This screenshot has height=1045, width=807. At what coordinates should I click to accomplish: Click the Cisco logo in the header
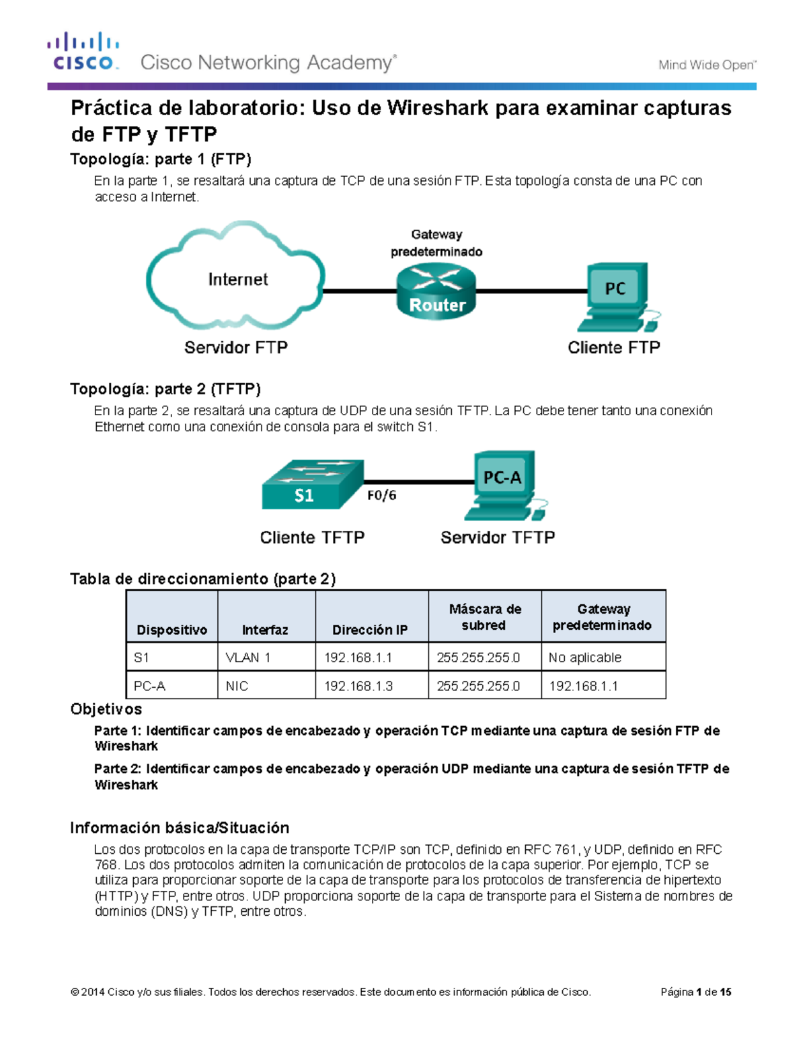pos(83,52)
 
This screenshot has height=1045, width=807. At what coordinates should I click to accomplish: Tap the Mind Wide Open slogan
pos(707,65)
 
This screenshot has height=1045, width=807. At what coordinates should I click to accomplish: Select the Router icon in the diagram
pos(436,291)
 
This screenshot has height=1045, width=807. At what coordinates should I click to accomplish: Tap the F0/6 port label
pos(381,495)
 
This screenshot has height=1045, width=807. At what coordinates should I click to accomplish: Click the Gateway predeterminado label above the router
pos(436,243)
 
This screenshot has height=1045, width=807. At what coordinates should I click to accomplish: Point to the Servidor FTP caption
pos(236,348)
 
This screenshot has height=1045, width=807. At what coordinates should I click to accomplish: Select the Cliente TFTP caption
pos(312,538)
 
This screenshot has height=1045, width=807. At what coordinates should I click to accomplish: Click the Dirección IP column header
pos(370,630)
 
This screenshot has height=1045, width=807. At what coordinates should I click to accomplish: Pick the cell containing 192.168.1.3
pos(358,686)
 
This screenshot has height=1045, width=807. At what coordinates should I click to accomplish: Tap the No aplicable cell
pos(584,657)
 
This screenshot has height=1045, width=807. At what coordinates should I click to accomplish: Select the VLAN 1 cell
pos(248,657)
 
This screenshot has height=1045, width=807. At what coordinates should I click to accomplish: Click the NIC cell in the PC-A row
pos(237,686)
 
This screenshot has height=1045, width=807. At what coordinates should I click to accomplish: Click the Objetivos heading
pos(106,709)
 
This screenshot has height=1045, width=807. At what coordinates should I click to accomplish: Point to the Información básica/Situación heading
pos(180,828)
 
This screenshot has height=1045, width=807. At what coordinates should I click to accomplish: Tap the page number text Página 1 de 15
pos(695,992)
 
